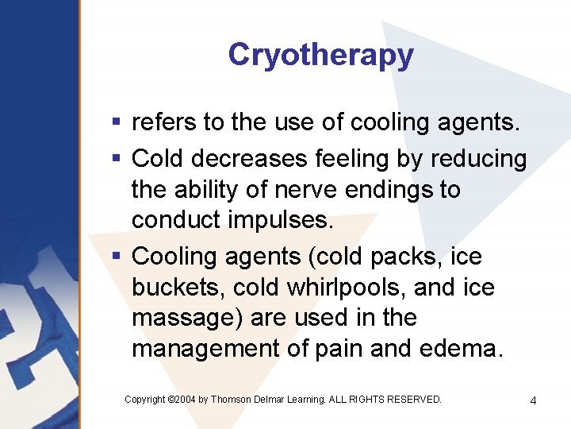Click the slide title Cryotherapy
click(x=320, y=55)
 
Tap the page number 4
click(x=533, y=400)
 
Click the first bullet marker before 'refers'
click(x=116, y=123)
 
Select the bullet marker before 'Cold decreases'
click(x=116, y=159)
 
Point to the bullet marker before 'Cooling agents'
click(x=116, y=257)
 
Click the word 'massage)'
click(x=187, y=319)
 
